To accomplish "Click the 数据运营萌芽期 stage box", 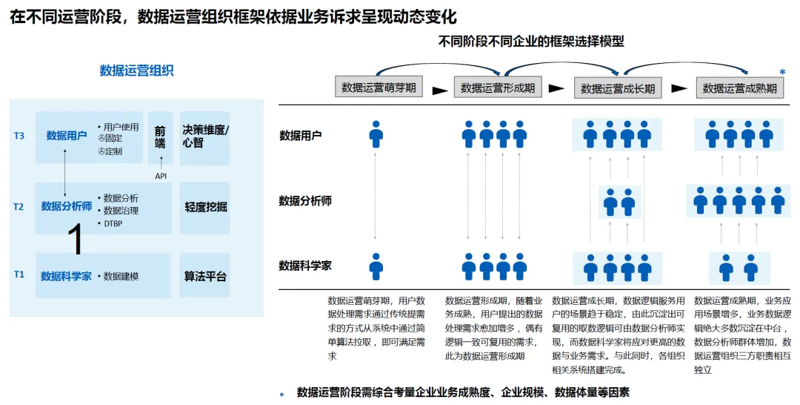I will tap(379, 88).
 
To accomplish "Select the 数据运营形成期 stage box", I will tap(498, 88).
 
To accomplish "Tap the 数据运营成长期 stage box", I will tap(618, 88).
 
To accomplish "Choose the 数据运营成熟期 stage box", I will tap(739, 88).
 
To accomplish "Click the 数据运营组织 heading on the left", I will tap(137, 70).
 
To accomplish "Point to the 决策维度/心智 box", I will tap(205, 136).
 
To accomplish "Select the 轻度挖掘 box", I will tap(205, 207).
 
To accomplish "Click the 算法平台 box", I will tap(205, 277).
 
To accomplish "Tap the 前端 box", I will tap(160, 136).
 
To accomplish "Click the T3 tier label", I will tap(19, 136).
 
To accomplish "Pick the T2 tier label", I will tap(19, 207).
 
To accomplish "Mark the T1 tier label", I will tap(19, 274).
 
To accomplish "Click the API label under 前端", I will tap(161, 176).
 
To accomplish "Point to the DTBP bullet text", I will tap(113, 223).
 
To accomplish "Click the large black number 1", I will tap(76, 240).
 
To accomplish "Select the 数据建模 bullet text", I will tap(121, 277).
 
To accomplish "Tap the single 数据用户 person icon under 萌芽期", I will tap(376, 134).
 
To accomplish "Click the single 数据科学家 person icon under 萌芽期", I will tap(376, 266).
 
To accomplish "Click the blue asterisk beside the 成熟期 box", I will tap(782, 73).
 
